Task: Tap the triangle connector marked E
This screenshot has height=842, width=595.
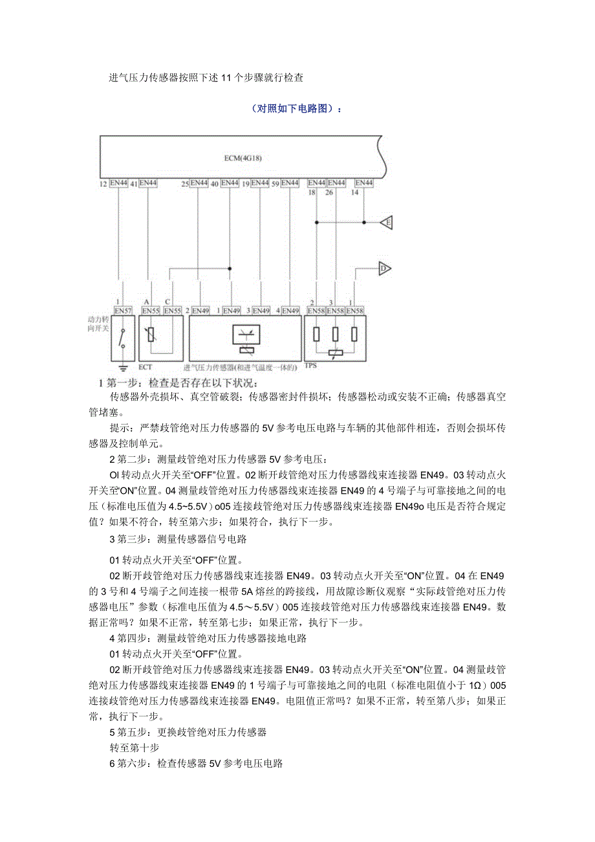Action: coord(387,222)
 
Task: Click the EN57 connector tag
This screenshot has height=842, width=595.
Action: coord(123,311)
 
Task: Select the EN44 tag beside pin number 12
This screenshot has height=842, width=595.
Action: coord(118,184)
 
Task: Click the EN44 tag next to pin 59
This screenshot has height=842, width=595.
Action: coord(290,184)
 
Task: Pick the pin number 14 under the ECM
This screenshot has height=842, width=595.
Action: coord(354,193)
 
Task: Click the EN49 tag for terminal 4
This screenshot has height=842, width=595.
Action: coord(290,311)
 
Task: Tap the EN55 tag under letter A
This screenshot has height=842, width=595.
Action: coord(151,311)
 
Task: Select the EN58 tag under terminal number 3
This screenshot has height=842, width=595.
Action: coord(336,311)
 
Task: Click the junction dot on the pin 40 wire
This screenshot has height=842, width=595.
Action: coord(230,268)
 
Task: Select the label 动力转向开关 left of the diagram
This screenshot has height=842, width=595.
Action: coord(99,324)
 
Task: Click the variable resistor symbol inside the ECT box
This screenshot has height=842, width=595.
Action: coord(151,335)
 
